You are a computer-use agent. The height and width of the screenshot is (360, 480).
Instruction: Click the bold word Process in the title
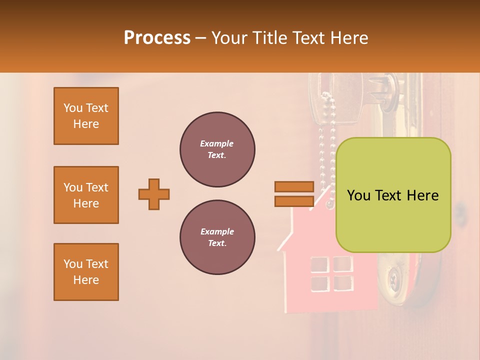(x=157, y=38)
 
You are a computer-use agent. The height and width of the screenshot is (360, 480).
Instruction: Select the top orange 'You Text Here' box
(x=86, y=116)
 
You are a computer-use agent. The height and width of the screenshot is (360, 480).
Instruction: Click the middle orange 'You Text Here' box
(x=86, y=195)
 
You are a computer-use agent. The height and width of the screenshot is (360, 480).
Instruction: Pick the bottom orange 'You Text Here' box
(x=86, y=272)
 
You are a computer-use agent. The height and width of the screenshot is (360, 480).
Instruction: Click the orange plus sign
(x=154, y=194)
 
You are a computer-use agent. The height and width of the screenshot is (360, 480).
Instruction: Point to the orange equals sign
(x=294, y=194)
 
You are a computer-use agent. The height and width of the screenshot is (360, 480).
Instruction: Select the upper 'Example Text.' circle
(x=217, y=149)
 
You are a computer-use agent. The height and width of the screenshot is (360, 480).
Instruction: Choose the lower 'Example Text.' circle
(x=217, y=237)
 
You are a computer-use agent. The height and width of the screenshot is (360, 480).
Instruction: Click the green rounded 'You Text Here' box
(x=393, y=195)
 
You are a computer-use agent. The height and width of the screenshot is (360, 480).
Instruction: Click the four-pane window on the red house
(x=331, y=273)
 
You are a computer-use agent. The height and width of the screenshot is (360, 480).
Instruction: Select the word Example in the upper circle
(x=217, y=144)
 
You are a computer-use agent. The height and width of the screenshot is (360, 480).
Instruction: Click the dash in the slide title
(x=201, y=38)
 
